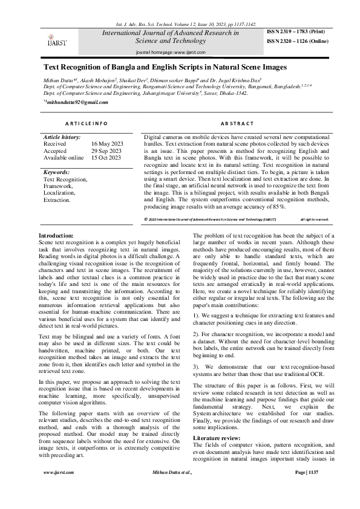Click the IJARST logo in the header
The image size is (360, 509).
coord(57,39)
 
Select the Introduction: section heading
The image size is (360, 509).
coord(56,235)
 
